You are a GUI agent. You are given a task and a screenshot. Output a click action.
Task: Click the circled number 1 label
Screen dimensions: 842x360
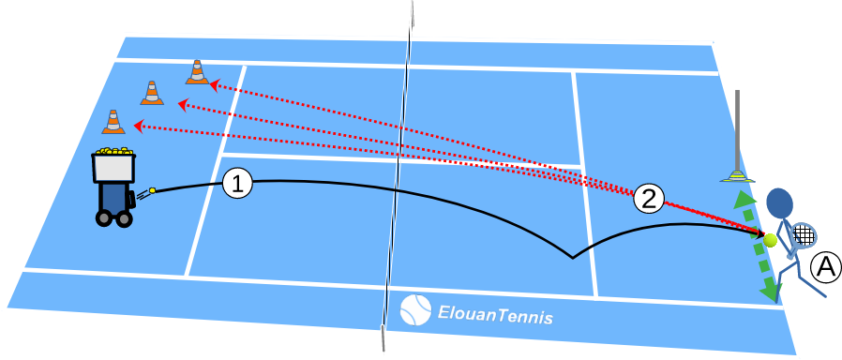[x=238, y=184]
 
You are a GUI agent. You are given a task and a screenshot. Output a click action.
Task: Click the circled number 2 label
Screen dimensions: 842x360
[x=649, y=197]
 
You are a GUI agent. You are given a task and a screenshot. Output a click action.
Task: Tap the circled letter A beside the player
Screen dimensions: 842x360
[x=824, y=268]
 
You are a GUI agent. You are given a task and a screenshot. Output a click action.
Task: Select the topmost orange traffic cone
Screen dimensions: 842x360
[x=197, y=72]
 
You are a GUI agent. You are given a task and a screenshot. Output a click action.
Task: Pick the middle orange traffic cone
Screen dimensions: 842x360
[x=152, y=93]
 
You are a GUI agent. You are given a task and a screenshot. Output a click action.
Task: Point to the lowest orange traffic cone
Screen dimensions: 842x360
[x=113, y=122]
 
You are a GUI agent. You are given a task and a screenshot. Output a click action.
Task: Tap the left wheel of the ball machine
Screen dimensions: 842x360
[x=103, y=219]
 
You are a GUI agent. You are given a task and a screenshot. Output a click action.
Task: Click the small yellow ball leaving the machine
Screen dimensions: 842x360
[x=151, y=190]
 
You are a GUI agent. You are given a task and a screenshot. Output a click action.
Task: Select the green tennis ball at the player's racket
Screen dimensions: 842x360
[x=771, y=241]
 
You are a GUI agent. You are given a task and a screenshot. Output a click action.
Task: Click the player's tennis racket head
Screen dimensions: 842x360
[x=804, y=233]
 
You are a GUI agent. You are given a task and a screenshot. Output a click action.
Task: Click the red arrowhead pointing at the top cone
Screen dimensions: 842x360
[x=214, y=84]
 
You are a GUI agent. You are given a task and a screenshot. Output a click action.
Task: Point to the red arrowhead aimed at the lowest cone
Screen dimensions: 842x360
[x=138, y=125]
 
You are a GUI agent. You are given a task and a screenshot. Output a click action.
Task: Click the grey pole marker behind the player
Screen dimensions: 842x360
[x=739, y=131]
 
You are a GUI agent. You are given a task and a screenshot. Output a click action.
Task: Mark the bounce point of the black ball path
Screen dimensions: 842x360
[x=570, y=256]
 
